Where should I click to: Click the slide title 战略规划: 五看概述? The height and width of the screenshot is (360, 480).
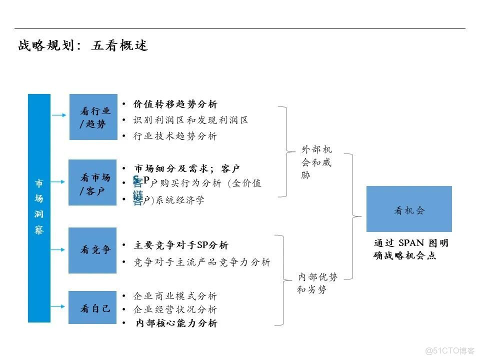83,46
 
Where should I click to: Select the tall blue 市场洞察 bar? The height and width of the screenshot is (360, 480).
39,207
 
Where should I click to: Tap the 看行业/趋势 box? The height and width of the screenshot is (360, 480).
93,117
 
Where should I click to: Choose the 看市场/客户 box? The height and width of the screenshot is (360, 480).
93,182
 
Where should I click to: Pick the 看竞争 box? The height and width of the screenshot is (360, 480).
92,250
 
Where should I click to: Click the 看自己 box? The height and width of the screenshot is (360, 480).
92,307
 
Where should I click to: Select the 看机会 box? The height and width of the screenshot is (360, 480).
409,209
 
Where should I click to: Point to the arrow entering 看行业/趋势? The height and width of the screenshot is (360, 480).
59,115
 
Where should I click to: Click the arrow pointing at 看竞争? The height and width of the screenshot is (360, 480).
59,248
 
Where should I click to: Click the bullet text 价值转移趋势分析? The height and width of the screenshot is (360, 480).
175,104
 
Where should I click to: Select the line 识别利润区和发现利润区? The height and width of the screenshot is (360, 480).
190,120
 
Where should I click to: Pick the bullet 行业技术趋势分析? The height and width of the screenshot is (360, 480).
175,136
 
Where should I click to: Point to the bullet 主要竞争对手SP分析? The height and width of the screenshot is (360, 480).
181,245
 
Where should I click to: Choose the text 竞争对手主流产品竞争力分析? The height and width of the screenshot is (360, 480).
202,262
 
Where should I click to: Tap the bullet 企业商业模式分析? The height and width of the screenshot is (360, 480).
175,296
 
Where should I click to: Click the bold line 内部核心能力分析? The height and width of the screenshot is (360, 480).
176,323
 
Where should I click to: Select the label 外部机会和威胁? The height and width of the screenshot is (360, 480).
316,162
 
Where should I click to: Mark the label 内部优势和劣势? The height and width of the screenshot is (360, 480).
317,283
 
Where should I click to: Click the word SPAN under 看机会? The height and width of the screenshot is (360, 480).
411,243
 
